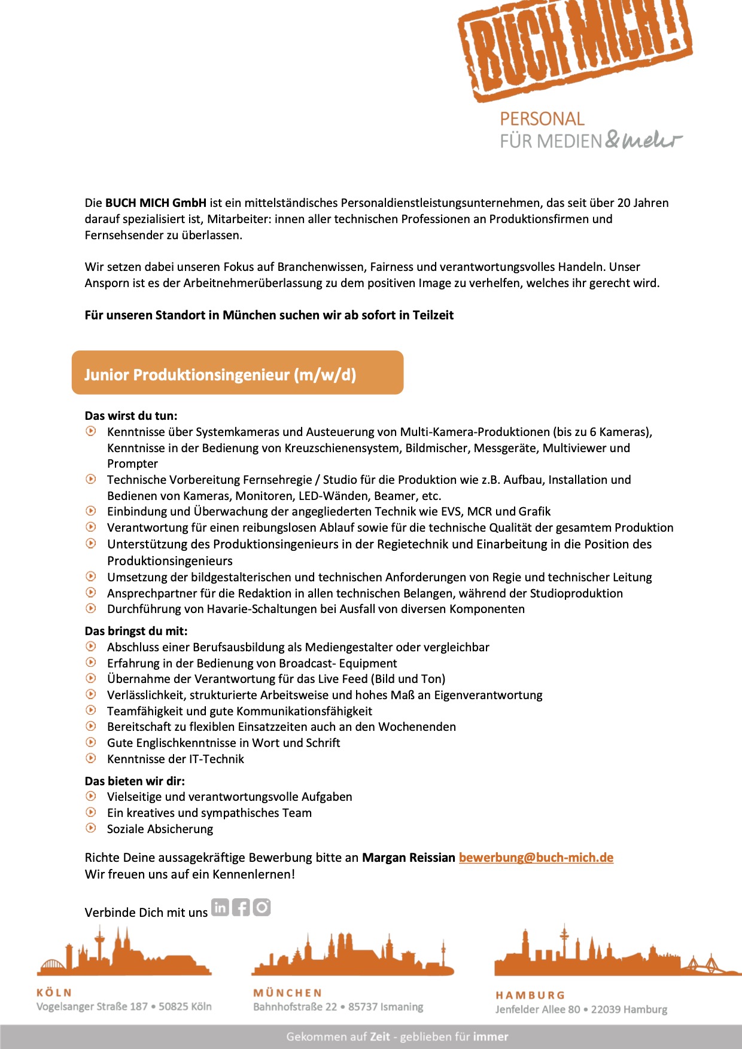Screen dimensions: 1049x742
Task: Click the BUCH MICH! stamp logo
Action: tap(574, 48)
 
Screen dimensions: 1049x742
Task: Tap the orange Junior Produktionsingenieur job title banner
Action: tap(238, 373)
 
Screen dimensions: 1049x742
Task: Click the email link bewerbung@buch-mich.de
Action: tap(536, 858)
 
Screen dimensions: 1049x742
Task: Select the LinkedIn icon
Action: tap(220, 907)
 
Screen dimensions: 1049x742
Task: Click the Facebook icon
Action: tap(241, 907)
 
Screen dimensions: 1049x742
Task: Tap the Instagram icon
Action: tap(261, 907)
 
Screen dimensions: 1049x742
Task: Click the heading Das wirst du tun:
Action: tap(131, 416)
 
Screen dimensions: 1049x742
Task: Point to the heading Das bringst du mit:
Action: tap(136, 631)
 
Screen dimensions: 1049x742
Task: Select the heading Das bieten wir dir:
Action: tap(135, 781)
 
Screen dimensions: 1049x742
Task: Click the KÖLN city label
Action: tap(54, 992)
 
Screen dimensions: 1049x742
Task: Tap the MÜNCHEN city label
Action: tap(287, 993)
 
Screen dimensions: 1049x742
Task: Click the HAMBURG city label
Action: tap(530, 995)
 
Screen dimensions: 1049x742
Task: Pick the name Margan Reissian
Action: tap(409, 858)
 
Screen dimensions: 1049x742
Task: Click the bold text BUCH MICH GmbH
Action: tap(156, 203)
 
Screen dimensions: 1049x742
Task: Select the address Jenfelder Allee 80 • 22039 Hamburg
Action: tap(581, 1010)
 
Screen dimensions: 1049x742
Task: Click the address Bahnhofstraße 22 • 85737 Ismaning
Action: tap(338, 1007)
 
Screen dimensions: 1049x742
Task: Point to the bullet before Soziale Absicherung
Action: tap(91, 828)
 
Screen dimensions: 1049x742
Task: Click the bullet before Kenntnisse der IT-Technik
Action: tap(91, 758)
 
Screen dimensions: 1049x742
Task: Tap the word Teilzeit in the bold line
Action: tap(433, 315)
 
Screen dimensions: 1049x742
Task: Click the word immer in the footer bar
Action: tap(491, 1036)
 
